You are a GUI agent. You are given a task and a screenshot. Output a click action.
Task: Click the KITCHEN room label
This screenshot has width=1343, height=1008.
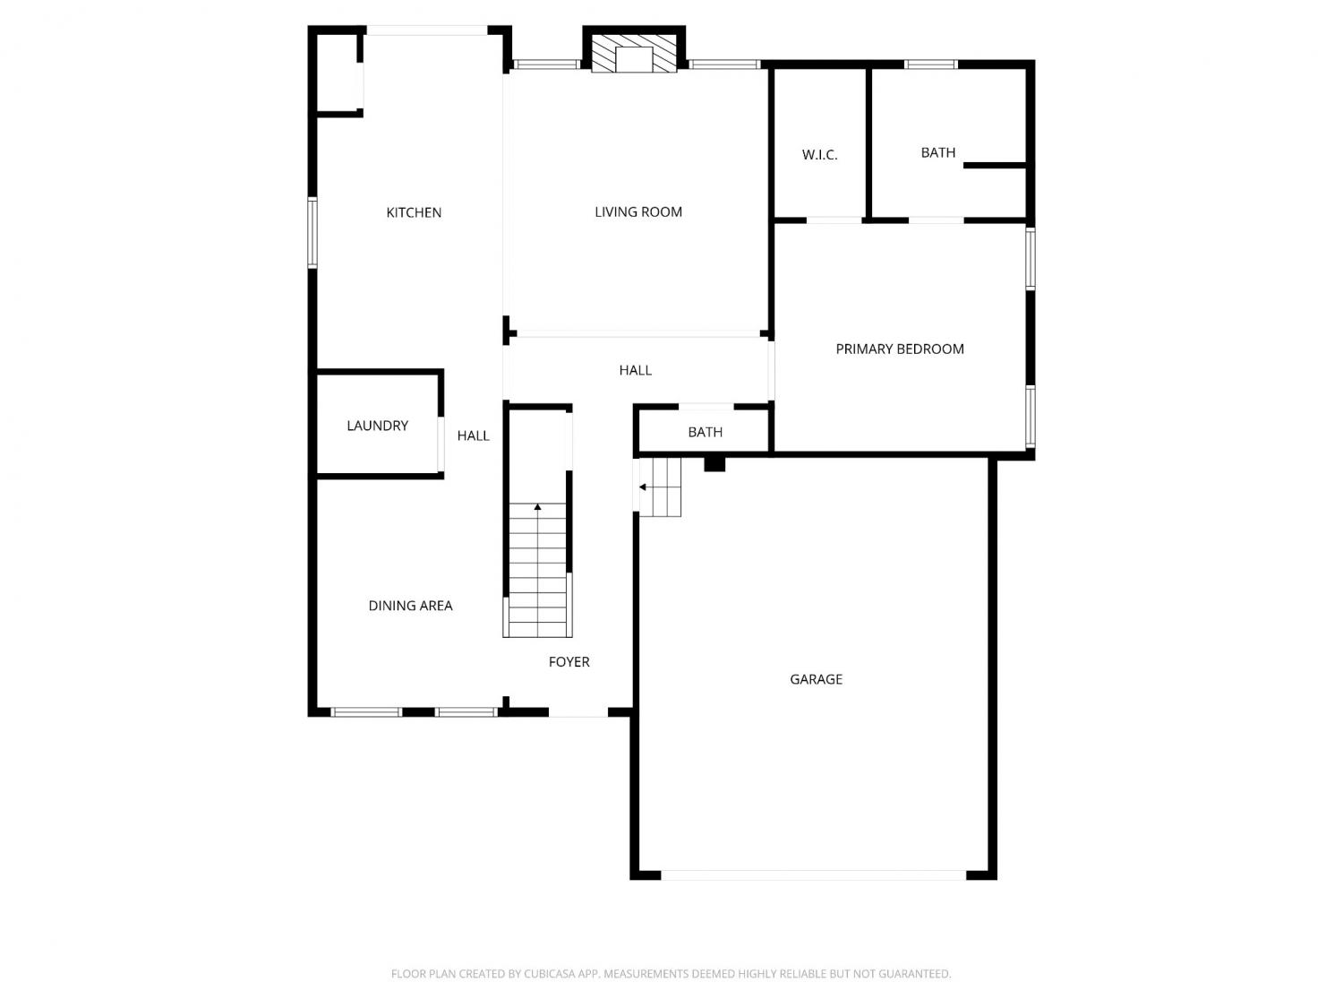[414, 212]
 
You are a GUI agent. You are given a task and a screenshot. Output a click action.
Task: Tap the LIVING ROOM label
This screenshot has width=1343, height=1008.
[638, 211]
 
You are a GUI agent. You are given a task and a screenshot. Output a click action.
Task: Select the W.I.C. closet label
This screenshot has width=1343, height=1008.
[819, 155]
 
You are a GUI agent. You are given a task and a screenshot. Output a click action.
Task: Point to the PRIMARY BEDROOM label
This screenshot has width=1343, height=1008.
[900, 349]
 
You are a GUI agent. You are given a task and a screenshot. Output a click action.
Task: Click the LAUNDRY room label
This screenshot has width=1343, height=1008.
[377, 426]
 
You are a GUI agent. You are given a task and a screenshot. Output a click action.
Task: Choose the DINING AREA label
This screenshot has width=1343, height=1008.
[410, 606]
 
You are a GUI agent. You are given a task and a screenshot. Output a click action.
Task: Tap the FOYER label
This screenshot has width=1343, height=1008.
[569, 661]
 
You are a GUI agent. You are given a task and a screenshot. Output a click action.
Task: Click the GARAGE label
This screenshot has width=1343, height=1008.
[816, 679]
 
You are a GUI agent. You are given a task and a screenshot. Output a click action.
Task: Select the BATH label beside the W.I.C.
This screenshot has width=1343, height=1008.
[938, 152]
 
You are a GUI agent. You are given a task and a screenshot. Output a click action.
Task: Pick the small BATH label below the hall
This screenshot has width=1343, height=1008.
[705, 432]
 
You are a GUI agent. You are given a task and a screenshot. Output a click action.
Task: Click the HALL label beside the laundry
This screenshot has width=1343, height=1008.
[473, 435]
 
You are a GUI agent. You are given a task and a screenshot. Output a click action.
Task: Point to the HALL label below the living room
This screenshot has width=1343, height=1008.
[635, 370]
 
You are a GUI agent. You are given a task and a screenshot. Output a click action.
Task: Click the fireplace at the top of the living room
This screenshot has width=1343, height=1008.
[634, 53]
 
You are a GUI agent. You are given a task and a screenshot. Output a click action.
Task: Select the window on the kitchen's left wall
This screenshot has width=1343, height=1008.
[312, 233]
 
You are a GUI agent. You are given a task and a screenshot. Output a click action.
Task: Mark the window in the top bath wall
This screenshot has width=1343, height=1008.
[930, 65]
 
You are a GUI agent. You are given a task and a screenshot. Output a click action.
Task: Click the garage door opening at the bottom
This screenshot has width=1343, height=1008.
[813, 875]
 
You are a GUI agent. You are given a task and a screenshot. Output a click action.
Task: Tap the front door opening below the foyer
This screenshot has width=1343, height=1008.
[578, 712]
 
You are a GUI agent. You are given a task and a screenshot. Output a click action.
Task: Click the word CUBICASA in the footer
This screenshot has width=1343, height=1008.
[548, 974]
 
